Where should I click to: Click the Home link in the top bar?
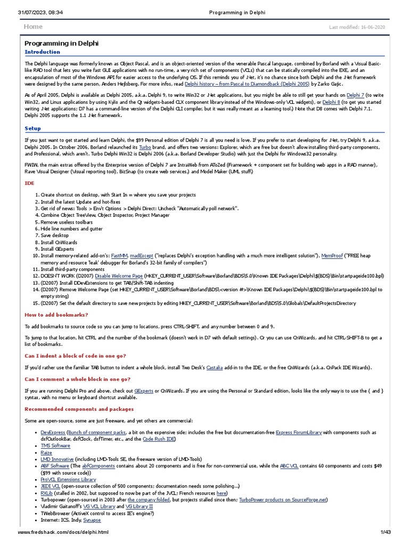click(x=33, y=27)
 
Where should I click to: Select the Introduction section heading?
click(x=43, y=52)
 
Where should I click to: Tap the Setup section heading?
click(x=33, y=128)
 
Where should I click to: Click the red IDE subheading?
click(x=29, y=183)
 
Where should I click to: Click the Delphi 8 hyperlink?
click(x=330, y=102)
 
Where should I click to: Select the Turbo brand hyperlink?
click(x=145, y=146)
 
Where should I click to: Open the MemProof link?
click(x=333, y=256)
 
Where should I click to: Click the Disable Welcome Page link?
click(x=119, y=276)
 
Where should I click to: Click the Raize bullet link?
click(x=47, y=452)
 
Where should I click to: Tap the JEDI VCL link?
click(x=51, y=486)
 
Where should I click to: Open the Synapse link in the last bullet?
click(x=92, y=519)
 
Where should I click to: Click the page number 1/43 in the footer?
click(x=386, y=532)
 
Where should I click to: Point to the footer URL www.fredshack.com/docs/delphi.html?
click(x=63, y=532)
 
